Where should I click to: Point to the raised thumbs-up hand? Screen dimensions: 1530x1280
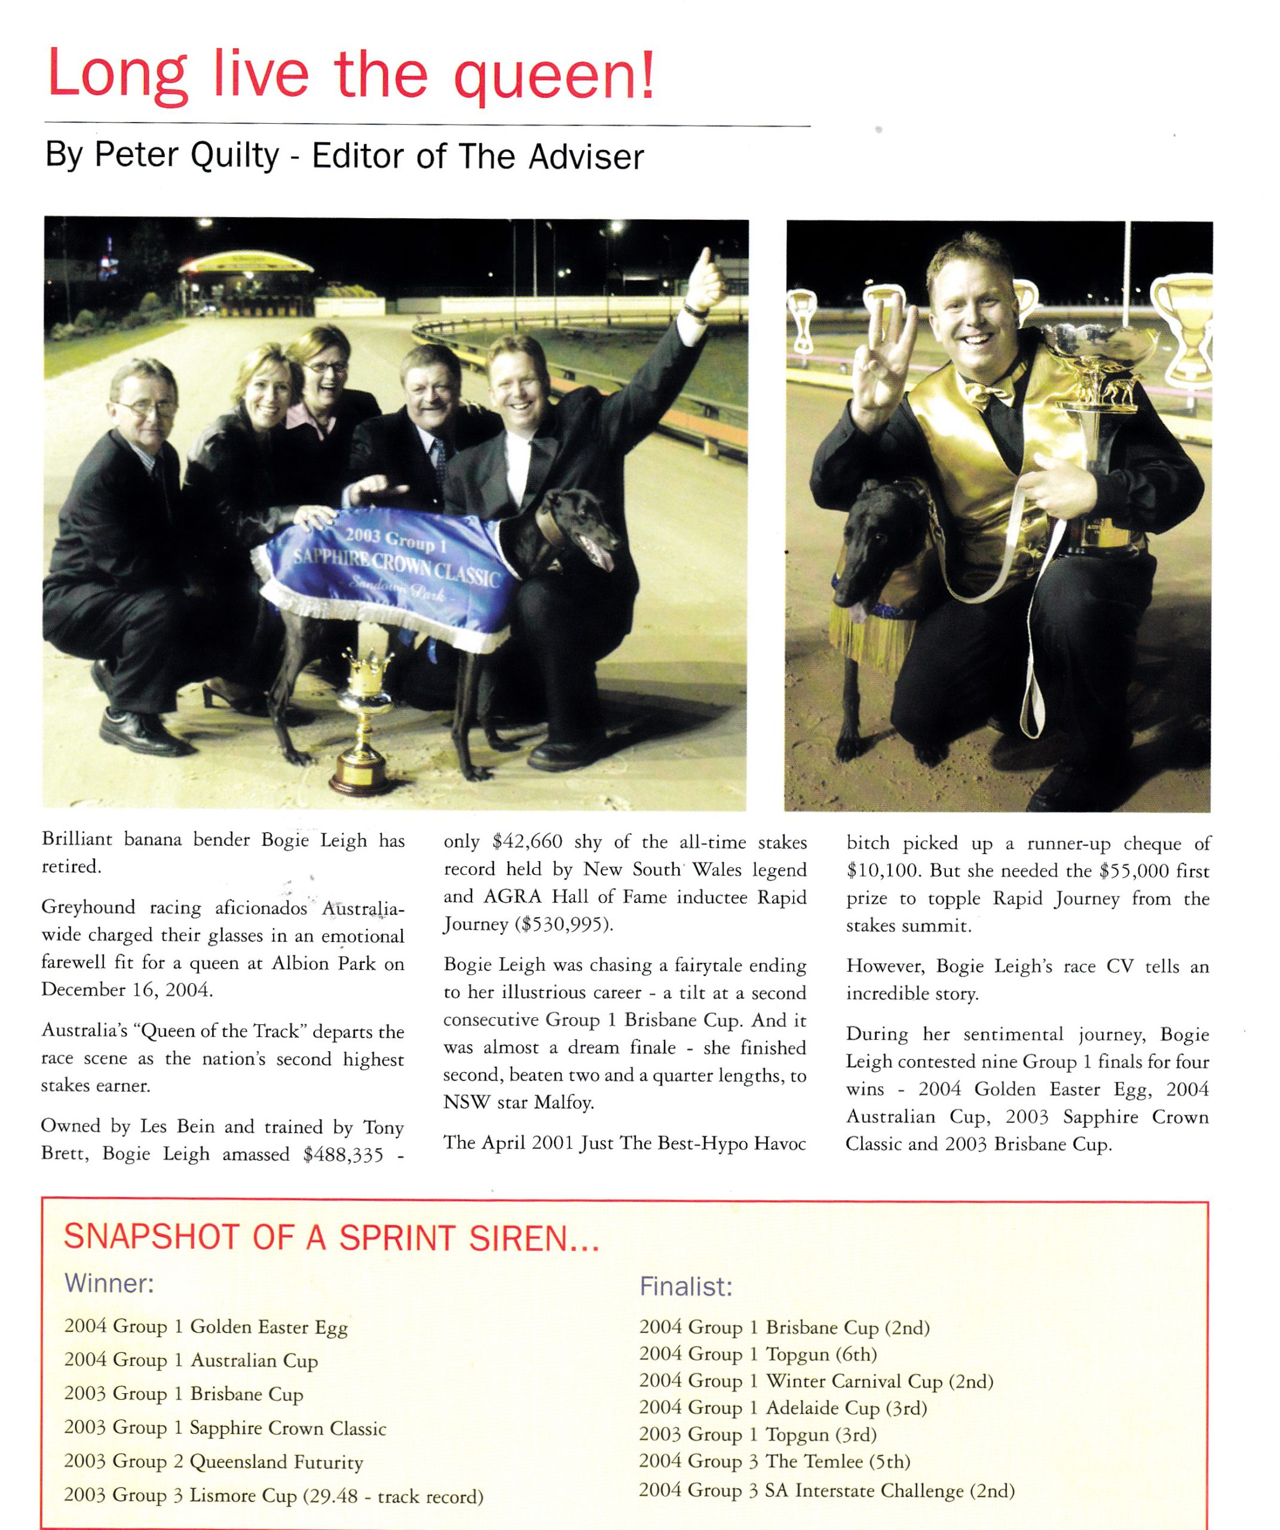(x=705, y=280)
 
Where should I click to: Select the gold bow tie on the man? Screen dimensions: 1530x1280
(x=990, y=396)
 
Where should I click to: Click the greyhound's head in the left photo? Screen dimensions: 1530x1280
(x=579, y=521)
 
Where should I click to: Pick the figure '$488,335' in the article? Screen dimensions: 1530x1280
(x=343, y=1155)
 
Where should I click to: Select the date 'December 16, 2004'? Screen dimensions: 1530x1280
(x=126, y=989)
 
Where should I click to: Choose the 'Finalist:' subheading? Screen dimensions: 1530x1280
(x=685, y=1286)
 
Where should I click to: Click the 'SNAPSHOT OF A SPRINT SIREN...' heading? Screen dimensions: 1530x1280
(x=332, y=1237)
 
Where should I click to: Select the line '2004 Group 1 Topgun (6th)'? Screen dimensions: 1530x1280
(x=758, y=1354)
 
